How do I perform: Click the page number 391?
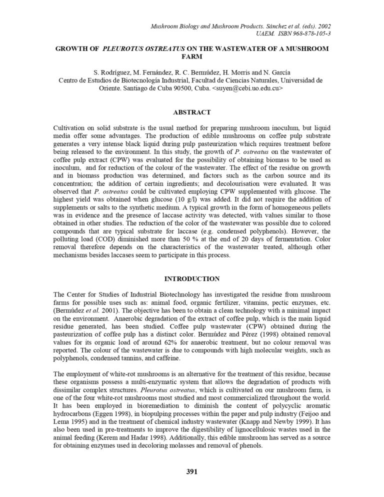tap(192, 471)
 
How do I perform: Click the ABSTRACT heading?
tap(191, 112)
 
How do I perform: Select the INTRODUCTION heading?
tap(191, 278)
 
